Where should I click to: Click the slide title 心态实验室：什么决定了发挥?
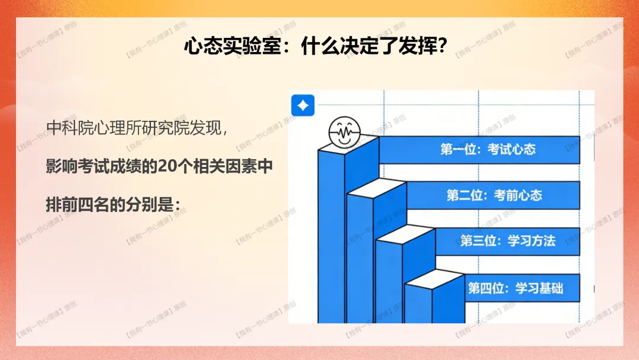[x=314, y=46]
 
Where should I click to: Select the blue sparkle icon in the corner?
[x=303, y=106]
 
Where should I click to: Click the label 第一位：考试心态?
[x=488, y=149]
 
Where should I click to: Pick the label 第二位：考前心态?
[x=493, y=195]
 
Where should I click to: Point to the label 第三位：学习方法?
[x=508, y=241]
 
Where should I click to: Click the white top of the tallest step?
[x=349, y=144]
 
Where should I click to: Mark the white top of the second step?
[x=377, y=189]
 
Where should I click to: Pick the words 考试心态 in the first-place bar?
[x=511, y=149]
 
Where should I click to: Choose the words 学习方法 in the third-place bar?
[x=531, y=241]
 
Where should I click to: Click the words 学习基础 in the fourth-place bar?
[x=539, y=288]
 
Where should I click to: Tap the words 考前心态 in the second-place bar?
[x=518, y=195]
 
